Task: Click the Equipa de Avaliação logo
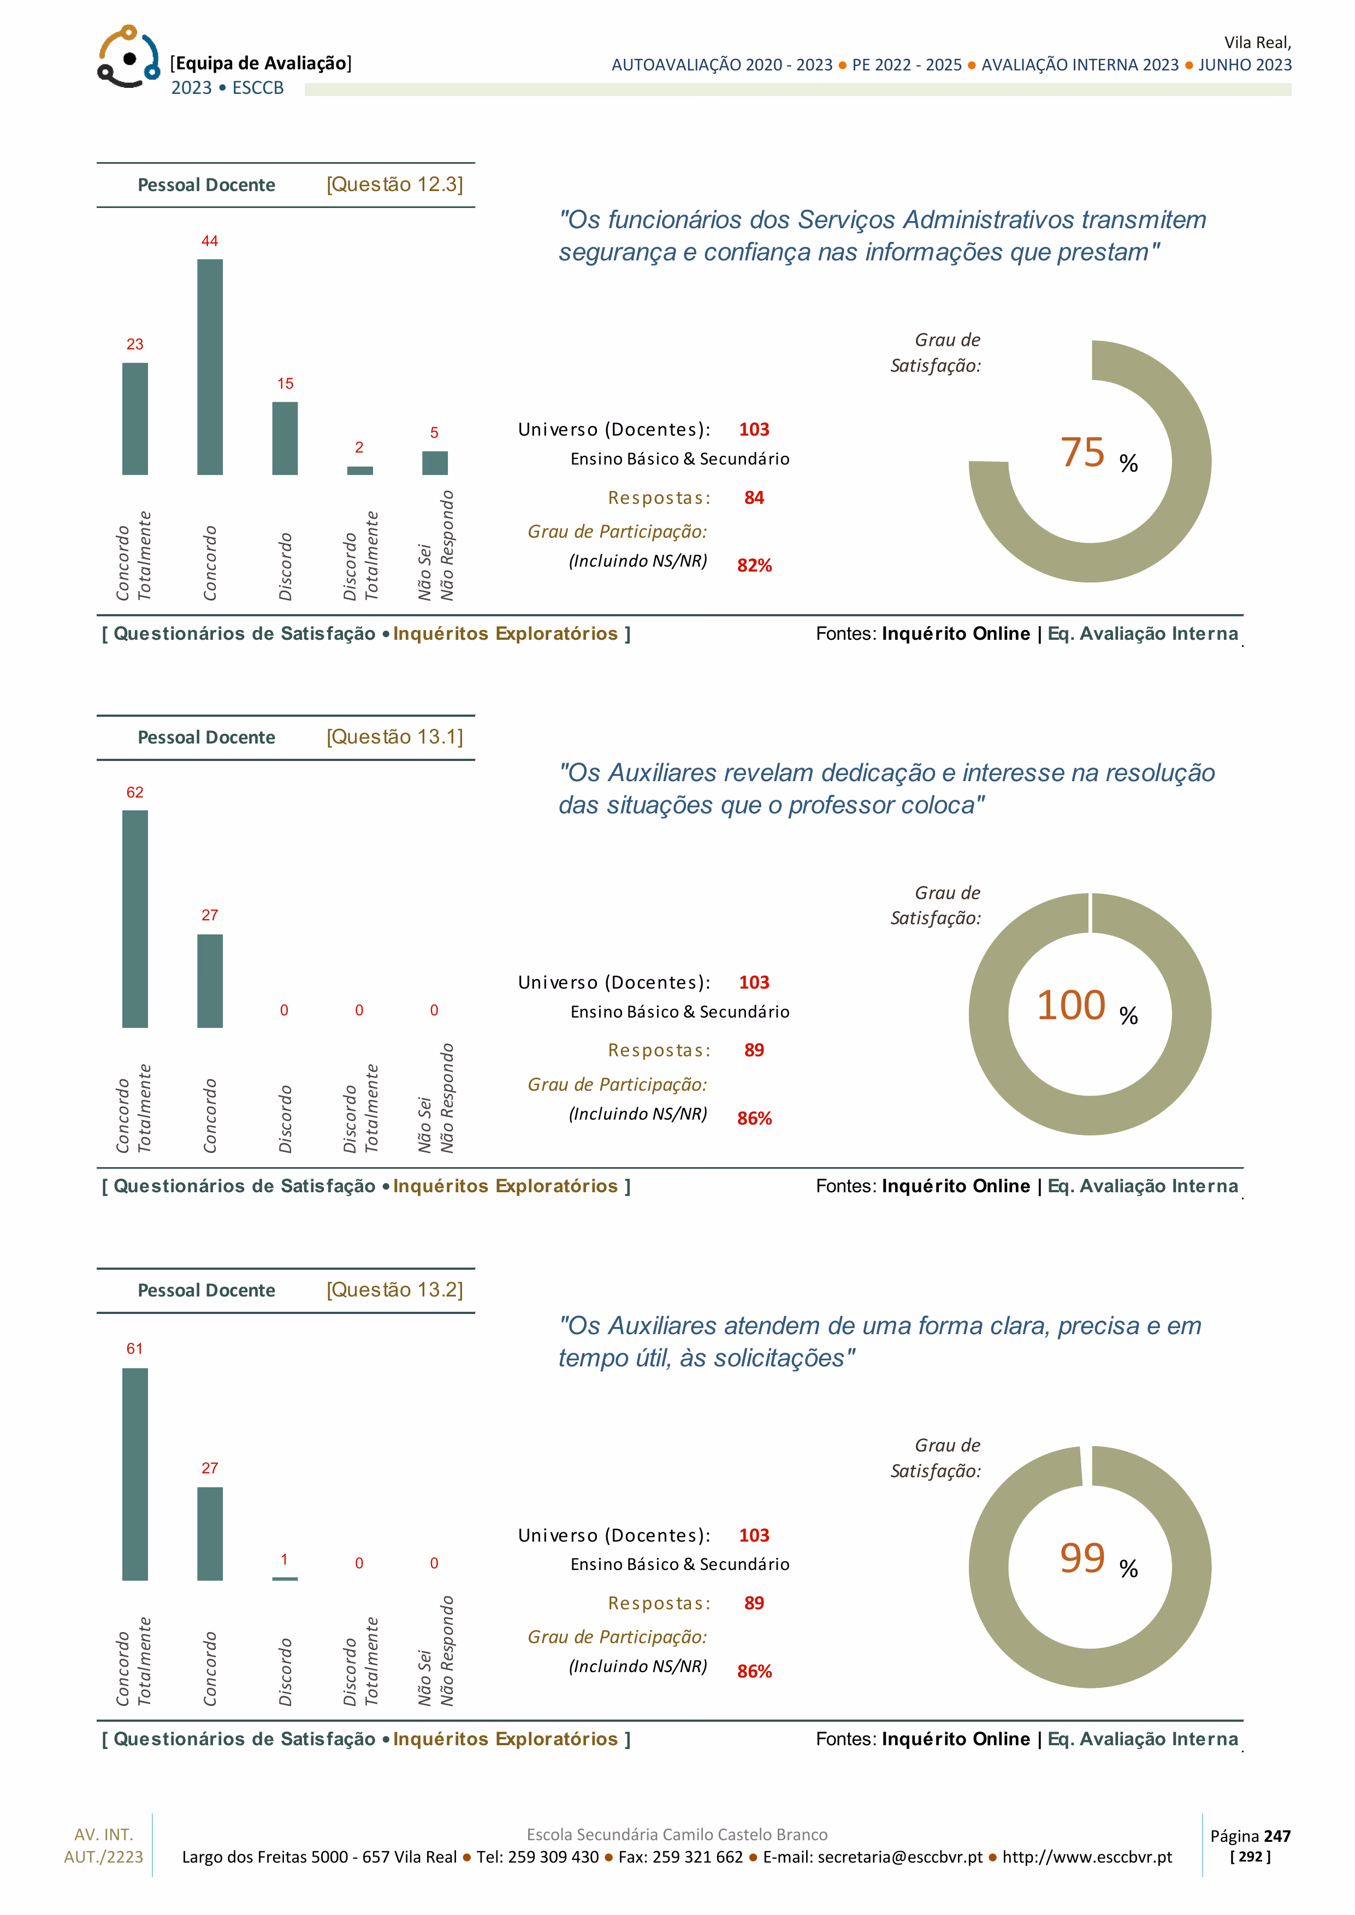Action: tap(128, 57)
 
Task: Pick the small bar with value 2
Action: tap(359, 471)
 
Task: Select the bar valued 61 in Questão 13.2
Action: tap(135, 1474)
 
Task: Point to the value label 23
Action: tap(135, 344)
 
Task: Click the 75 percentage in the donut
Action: tap(1082, 453)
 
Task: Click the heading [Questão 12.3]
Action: tap(395, 185)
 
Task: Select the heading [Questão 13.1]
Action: tap(395, 738)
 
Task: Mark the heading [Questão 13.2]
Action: tap(395, 1290)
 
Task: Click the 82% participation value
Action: tap(754, 566)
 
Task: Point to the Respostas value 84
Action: tap(754, 498)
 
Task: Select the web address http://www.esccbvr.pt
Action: tap(1087, 1857)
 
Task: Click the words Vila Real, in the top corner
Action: tap(1257, 43)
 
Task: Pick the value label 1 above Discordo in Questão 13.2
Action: tap(285, 1560)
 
